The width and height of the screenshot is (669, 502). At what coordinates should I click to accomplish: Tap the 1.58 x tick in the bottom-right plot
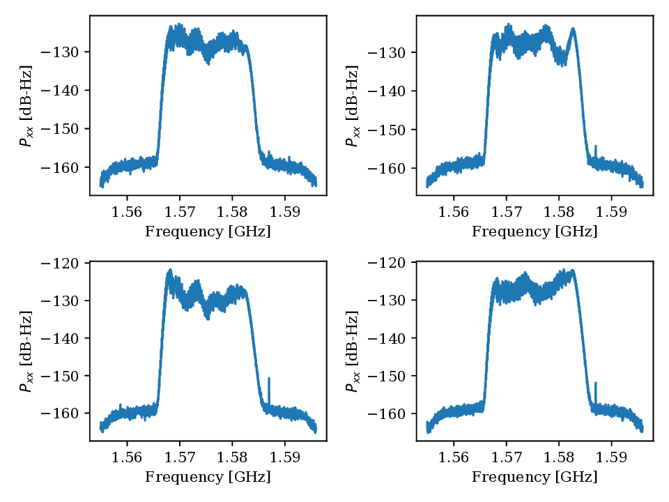point(559,457)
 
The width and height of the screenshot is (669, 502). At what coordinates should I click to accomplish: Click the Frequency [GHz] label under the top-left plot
point(208,231)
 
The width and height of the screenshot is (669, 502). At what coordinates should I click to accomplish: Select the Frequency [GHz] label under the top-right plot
point(535,231)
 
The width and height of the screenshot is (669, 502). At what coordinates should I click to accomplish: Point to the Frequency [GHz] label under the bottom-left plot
point(208,478)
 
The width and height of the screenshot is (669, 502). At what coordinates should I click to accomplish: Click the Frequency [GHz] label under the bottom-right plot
point(535,478)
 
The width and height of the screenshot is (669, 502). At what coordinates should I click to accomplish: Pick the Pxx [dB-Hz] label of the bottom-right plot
point(353,352)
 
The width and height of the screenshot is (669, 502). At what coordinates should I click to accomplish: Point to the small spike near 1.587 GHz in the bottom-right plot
point(596,385)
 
